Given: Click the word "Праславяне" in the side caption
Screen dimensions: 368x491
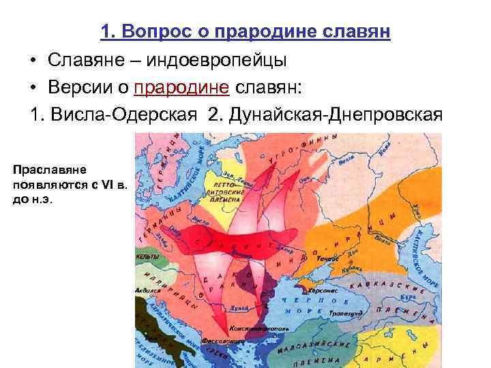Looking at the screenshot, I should click(x=48, y=168).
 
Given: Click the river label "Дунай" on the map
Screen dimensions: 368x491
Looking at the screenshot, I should click(x=238, y=308).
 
